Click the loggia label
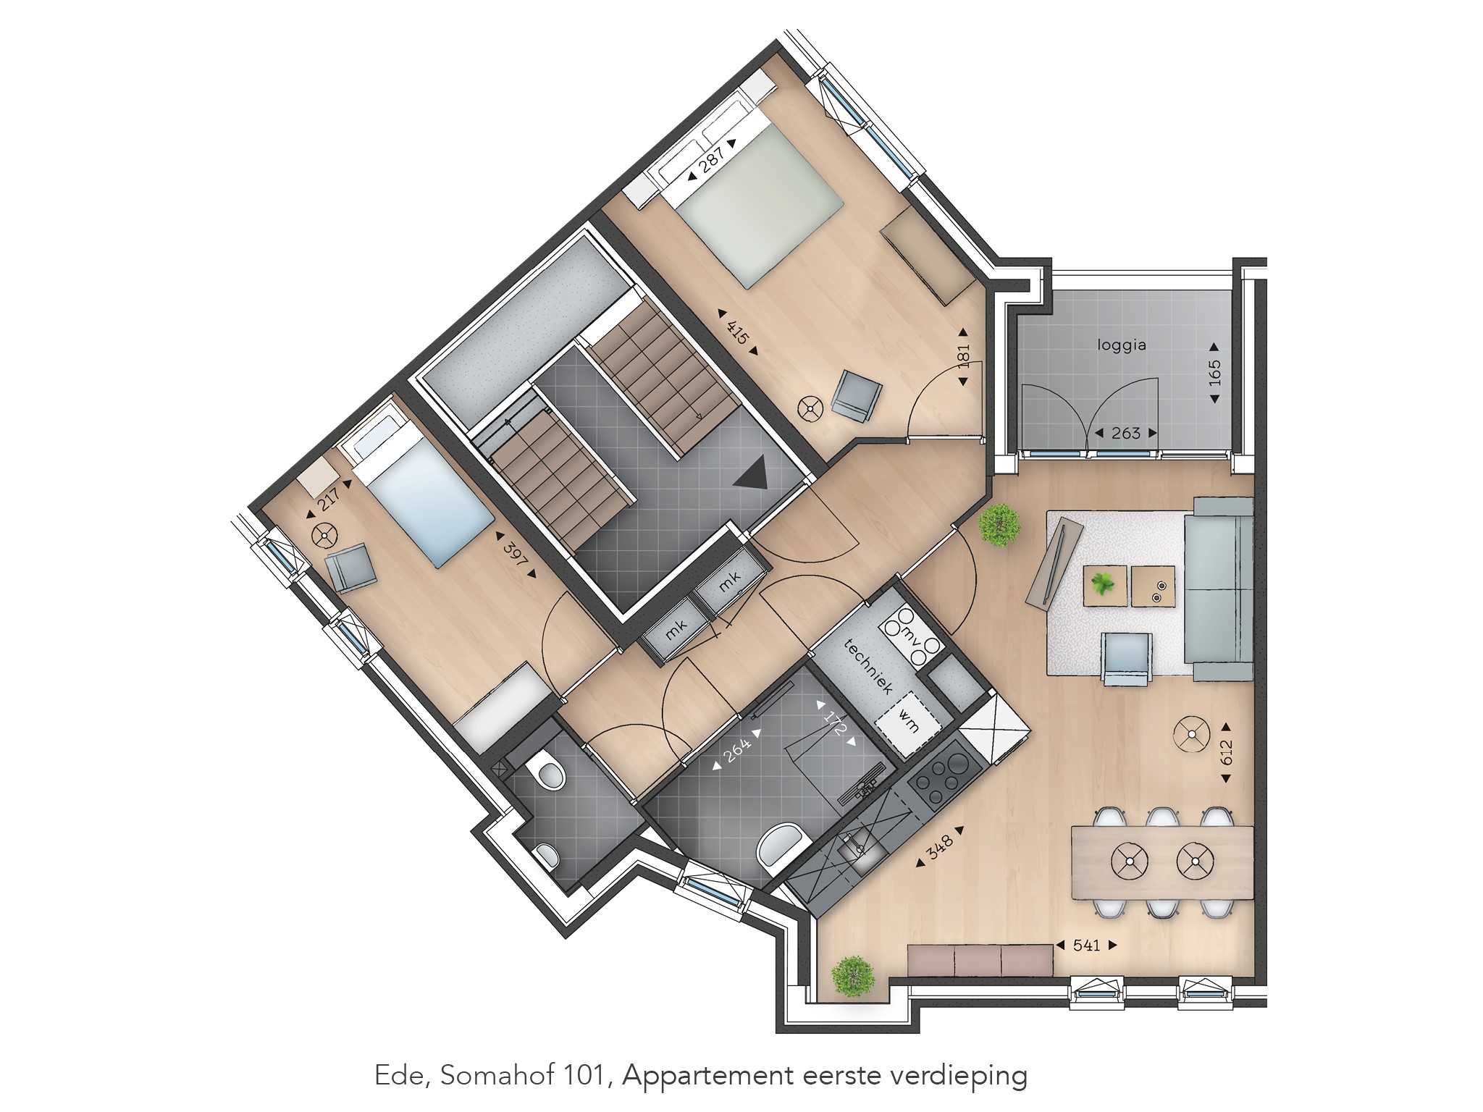[x=1122, y=345]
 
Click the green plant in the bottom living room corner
[x=852, y=977]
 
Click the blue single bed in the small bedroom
[x=420, y=500]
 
